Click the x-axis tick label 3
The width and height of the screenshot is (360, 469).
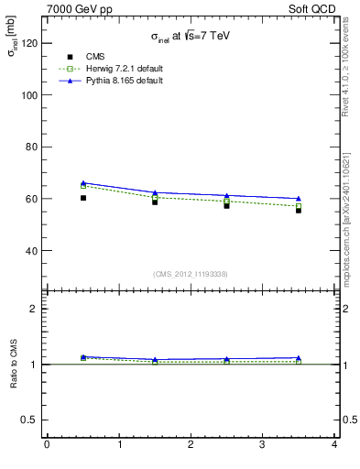click(x=263, y=445)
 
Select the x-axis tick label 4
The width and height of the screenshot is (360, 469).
click(x=334, y=445)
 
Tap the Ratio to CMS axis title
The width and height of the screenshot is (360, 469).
click(x=15, y=364)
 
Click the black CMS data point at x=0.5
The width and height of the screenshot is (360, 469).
click(x=83, y=198)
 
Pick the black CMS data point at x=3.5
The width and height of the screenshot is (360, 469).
click(x=299, y=210)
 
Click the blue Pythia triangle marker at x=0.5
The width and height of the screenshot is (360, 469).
click(x=83, y=183)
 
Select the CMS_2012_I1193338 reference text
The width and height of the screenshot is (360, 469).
click(x=190, y=274)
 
